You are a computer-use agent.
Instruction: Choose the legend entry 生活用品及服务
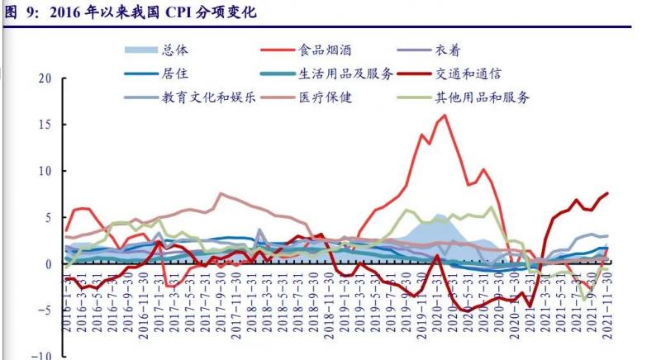346,73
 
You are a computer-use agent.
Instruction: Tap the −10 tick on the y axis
41,355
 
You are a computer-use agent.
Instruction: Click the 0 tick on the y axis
48,264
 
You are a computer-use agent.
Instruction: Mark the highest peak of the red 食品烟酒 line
445,115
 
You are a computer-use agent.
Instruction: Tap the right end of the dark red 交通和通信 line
608,193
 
